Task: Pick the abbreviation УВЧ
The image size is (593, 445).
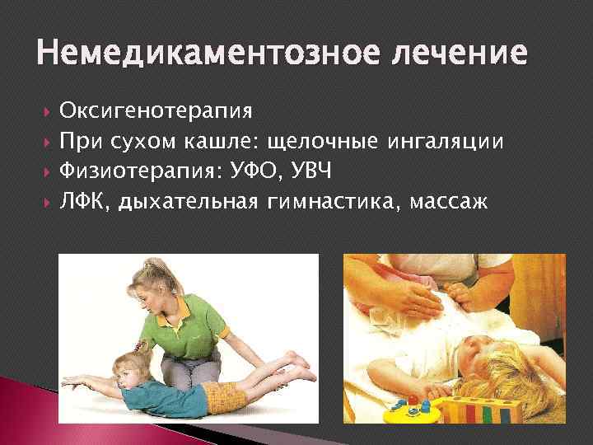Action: click(317, 172)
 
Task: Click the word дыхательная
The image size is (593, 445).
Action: click(189, 203)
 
